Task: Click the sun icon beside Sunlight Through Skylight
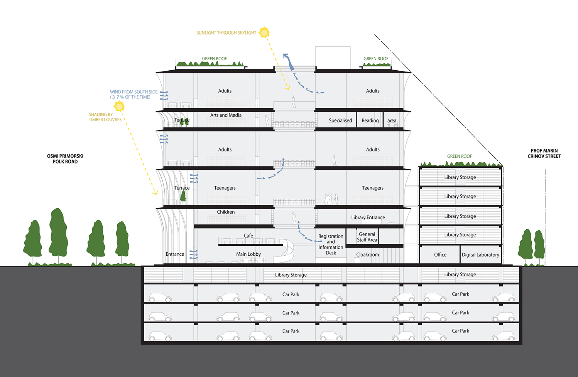(x=264, y=32)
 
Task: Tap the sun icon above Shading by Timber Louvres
(x=120, y=106)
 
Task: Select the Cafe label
(x=248, y=236)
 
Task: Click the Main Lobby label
(x=248, y=254)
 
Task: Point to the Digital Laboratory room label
(x=480, y=255)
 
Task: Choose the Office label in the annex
(x=440, y=255)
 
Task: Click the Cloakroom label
(x=367, y=255)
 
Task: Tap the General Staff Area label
(x=367, y=237)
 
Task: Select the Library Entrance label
(x=368, y=217)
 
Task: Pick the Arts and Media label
(x=226, y=115)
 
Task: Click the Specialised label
(x=340, y=121)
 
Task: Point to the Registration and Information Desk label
(x=331, y=245)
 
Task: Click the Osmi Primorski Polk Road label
(x=65, y=159)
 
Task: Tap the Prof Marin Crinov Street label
(x=544, y=153)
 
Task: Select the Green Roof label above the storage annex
(x=460, y=156)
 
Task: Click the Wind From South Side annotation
(x=134, y=95)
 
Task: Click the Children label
(x=226, y=212)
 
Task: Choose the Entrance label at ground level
(x=175, y=254)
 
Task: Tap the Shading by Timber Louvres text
(x=105, y=117)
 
